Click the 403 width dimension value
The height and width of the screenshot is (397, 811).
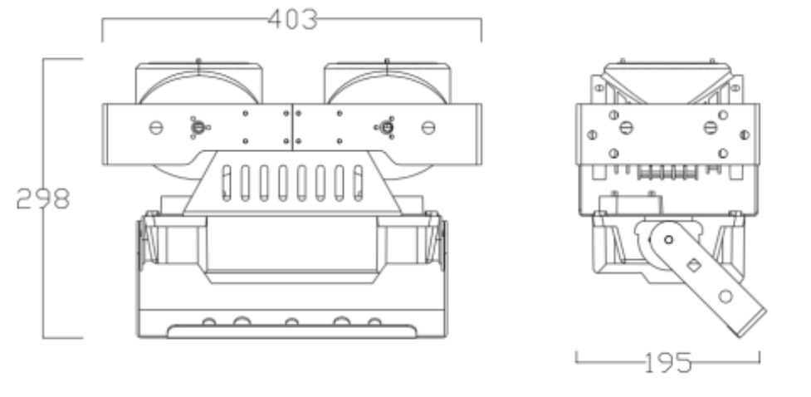point(292,20)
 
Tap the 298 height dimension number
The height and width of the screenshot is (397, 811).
point(43,198)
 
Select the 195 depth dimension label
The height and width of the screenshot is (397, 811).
point(668,362)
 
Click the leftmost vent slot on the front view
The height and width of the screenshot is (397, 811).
point(227,184)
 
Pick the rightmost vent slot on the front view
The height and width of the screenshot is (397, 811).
point(358,184)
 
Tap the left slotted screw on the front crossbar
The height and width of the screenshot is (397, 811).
point(156,127)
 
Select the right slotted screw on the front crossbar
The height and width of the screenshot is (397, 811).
point(428,127)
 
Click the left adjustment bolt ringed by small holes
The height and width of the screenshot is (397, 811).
point(198,127)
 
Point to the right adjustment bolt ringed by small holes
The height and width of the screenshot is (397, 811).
point(386,127)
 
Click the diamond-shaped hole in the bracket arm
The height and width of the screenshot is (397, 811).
point(694,266)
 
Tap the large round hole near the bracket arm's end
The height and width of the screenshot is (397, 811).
point(726,297)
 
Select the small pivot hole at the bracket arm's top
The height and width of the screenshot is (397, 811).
point(668,240)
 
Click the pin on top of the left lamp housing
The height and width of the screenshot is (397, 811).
point(198,61)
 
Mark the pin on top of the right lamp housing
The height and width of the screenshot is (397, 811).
point(387,61)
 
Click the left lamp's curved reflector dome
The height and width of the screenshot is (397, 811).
point(198,87)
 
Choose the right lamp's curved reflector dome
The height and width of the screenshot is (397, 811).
point(387,87)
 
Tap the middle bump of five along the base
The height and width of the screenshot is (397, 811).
point(291,322)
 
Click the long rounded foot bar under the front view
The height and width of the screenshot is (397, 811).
point(291,331)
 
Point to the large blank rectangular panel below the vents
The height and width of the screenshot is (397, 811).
point(291,244)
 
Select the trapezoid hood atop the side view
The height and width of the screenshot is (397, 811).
point(667,83)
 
